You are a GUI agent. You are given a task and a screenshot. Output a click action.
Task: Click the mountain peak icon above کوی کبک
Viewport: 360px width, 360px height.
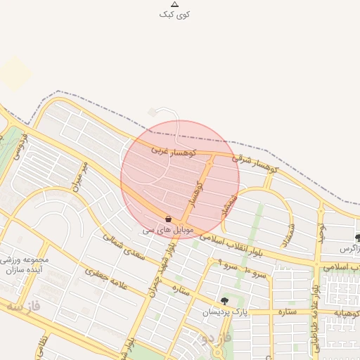tap(174, 4)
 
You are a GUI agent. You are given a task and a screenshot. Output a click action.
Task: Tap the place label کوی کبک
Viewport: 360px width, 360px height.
tap(174, 14)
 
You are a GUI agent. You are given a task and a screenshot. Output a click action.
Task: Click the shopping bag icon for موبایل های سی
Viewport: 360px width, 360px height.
tap(168, 219)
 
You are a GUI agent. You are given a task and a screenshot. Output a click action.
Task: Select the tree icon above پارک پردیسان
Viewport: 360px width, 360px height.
tap(224, 301)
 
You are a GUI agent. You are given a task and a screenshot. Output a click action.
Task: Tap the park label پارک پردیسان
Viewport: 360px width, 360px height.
tap(226, 311)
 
